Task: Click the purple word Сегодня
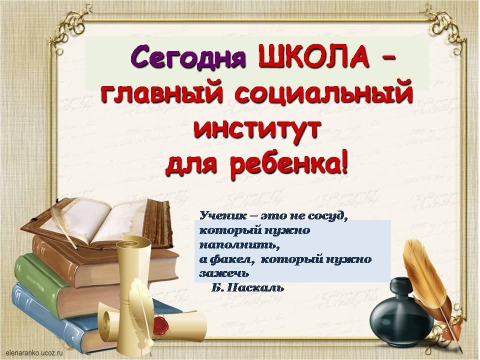pyautogui.click(x=188, y=57)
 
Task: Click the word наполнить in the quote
pyautogui.click(x=240, y=246)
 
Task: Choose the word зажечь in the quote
pyautogui.click(x=224, y=274)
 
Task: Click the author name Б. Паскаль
pyautogui.click(x=247, y=288)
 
